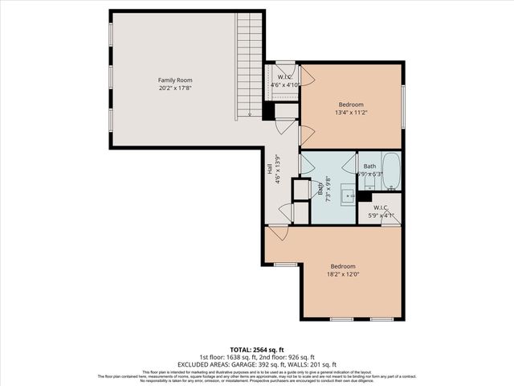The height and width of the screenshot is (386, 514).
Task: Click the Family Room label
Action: point(174,80)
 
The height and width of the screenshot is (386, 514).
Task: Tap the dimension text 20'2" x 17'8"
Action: point(174,89)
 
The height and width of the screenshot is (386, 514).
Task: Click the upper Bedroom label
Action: point(350,105)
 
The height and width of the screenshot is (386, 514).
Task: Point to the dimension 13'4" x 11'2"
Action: point(350,113)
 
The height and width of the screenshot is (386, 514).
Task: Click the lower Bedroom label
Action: point(343,266)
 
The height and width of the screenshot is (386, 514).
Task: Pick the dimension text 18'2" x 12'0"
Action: point(343,275)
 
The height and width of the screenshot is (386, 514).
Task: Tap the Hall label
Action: point(270,169)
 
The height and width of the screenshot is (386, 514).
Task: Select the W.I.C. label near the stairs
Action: point(284,77)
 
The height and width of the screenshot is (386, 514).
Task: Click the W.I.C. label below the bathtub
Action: point(381,208)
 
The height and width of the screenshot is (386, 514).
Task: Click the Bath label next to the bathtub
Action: point(369,166)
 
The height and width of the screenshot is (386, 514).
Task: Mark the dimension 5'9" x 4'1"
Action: point(381,216)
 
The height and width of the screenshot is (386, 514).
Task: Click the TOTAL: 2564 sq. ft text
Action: point(257,351)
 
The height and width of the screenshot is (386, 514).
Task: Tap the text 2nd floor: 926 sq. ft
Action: point(286,357)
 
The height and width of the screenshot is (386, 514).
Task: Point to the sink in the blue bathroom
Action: point(347,194)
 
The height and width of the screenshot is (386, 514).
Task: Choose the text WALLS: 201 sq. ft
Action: point(319,364)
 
